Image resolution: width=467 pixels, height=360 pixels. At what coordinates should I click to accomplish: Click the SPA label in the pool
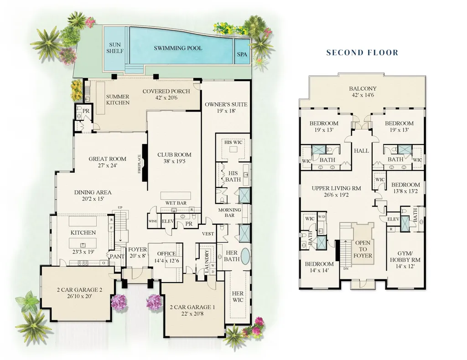tap(242, 54)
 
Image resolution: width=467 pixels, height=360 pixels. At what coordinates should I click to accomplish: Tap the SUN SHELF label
tap(114, 48)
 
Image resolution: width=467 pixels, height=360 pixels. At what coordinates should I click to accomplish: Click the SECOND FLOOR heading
tap(362, 53)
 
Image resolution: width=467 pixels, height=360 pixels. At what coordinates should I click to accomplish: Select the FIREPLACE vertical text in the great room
tap(139, 164)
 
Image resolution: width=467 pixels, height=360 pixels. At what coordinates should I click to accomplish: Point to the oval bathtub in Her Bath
tap(245, 256)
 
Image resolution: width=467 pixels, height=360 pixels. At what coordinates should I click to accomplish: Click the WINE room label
tap(152, 221)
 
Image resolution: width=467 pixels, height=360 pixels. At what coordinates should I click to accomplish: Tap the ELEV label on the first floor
tap(168, 221)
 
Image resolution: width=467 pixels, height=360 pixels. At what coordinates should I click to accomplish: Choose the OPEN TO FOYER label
tap(363, 249)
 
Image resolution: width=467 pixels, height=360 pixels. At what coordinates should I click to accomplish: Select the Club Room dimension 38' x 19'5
tap(174, 161)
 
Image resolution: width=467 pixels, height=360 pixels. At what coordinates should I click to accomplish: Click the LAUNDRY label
tap(207, 262)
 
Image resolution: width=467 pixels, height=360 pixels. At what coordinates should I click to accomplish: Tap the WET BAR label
tap(176, 203)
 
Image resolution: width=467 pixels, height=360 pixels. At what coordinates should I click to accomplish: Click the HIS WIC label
tap(233, 142)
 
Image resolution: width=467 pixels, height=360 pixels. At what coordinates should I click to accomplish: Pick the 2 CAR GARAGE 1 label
tap(192, 307)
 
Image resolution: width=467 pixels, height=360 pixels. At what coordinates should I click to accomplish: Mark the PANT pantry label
tap(117, 256)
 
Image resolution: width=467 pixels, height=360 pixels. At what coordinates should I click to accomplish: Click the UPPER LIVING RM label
tap(336, 188)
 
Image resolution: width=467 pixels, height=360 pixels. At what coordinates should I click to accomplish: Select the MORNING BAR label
tap(229, 212)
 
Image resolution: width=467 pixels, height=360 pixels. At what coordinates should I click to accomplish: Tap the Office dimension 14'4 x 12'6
tap(166, 261)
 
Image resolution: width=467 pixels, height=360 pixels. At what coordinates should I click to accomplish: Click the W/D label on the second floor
tap(322, 217)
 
